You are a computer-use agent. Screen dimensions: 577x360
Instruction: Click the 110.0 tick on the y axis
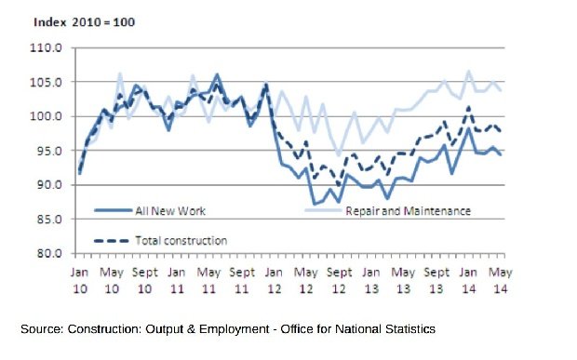46,48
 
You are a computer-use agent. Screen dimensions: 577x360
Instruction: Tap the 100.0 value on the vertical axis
46,116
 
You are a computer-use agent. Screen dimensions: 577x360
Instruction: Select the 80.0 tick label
47,254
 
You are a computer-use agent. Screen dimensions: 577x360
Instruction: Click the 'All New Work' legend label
170,211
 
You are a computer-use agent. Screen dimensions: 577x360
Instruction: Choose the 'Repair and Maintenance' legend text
409,211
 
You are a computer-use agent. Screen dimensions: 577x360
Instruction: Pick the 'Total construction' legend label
181,241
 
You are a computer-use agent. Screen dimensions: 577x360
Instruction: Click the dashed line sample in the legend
112,241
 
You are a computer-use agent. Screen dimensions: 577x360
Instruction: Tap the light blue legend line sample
323,210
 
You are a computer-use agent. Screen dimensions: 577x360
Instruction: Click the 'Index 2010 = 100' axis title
85,22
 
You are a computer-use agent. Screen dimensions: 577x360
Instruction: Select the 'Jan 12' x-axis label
274,281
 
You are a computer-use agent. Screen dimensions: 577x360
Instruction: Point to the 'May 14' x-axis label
500,281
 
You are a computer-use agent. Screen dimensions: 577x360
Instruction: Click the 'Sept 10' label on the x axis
144,281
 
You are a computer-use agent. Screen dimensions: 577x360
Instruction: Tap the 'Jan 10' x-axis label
79,281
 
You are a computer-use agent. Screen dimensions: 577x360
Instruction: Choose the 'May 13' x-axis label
403,281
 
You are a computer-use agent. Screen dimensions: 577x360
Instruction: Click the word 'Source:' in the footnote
42,328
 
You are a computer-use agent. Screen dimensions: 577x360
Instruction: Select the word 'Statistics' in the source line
410,328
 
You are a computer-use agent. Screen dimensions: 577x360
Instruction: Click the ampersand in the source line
191,328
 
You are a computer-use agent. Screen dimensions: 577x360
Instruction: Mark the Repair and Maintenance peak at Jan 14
469,71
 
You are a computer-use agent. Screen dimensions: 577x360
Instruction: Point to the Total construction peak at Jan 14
468,107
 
